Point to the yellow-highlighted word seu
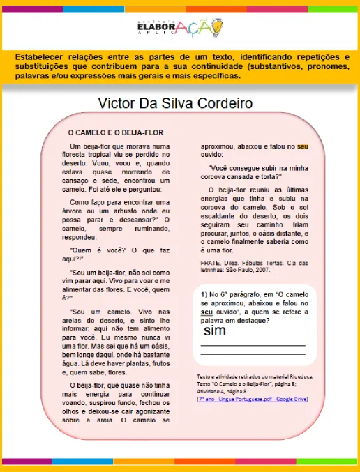tap(302, 146)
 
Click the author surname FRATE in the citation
tap(212, 262)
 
